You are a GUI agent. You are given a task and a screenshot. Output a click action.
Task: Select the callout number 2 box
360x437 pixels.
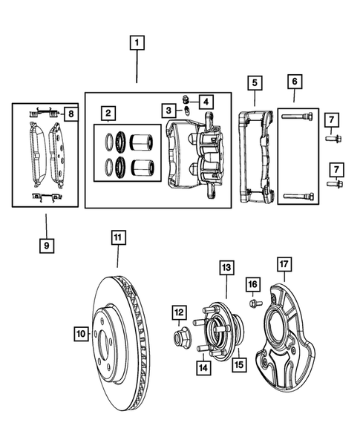tap(108, 114)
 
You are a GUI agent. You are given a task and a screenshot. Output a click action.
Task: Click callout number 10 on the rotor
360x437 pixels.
tap(81, 335)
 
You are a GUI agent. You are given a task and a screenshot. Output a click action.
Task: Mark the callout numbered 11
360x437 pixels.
tap(118, 238)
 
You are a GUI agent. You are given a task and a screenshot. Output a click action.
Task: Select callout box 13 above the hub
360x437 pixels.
tap(226, 266)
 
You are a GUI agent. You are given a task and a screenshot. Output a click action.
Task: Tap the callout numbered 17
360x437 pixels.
tap(283, 264)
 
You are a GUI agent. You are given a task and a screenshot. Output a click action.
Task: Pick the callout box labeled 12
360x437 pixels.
tap(179, 312)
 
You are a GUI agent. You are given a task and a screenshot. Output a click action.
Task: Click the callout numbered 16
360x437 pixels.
tap(252, 284)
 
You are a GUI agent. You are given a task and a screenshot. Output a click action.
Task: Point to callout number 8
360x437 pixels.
tap(70, 114)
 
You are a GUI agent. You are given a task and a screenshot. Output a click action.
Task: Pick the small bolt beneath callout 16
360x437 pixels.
tap(252, 303)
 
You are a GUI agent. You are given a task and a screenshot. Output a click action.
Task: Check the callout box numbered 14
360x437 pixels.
tap(203, 366)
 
